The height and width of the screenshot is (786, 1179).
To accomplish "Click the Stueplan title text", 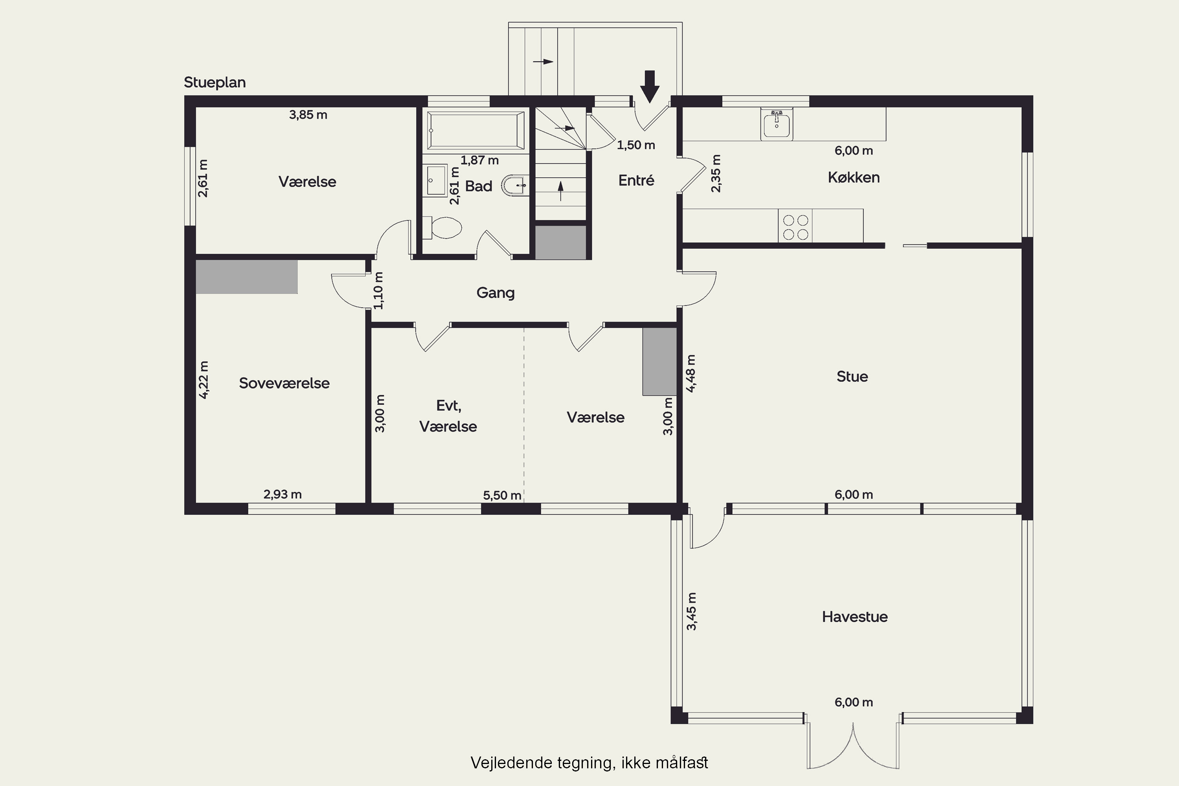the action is [x=215, y=83].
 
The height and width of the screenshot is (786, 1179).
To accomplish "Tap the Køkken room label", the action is [x=854, y=178].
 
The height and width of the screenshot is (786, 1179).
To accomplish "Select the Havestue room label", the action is [x=855, y=617].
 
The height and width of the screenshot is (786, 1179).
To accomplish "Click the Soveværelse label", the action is [x=284, y=383].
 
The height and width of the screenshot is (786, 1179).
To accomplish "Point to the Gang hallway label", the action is [x=495, y=293].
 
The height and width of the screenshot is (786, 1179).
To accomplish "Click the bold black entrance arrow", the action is [x=650, y=86].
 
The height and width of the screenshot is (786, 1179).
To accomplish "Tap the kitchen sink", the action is [x=777, y=123].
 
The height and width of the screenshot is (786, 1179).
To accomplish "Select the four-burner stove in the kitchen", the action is [x=795, y=227].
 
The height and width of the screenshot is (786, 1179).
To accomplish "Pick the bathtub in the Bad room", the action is [x=476, y=130].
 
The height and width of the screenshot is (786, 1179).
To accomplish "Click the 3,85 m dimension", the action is [x=308, y=115].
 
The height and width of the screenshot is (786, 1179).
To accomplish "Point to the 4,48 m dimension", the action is [x=691, y=373].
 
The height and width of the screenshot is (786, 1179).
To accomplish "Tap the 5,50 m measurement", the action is [x=502, y=495].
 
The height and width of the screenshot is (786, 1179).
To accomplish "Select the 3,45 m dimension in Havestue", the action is [x=691, y=612].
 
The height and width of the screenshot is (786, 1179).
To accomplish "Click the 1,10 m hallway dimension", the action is [x=378, y=291].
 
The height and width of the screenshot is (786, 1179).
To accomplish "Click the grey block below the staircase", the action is [x=560, y=242].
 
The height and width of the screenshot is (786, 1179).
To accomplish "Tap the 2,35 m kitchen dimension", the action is [x=716, y=173].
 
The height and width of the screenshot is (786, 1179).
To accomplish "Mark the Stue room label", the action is [x=852, y=376].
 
